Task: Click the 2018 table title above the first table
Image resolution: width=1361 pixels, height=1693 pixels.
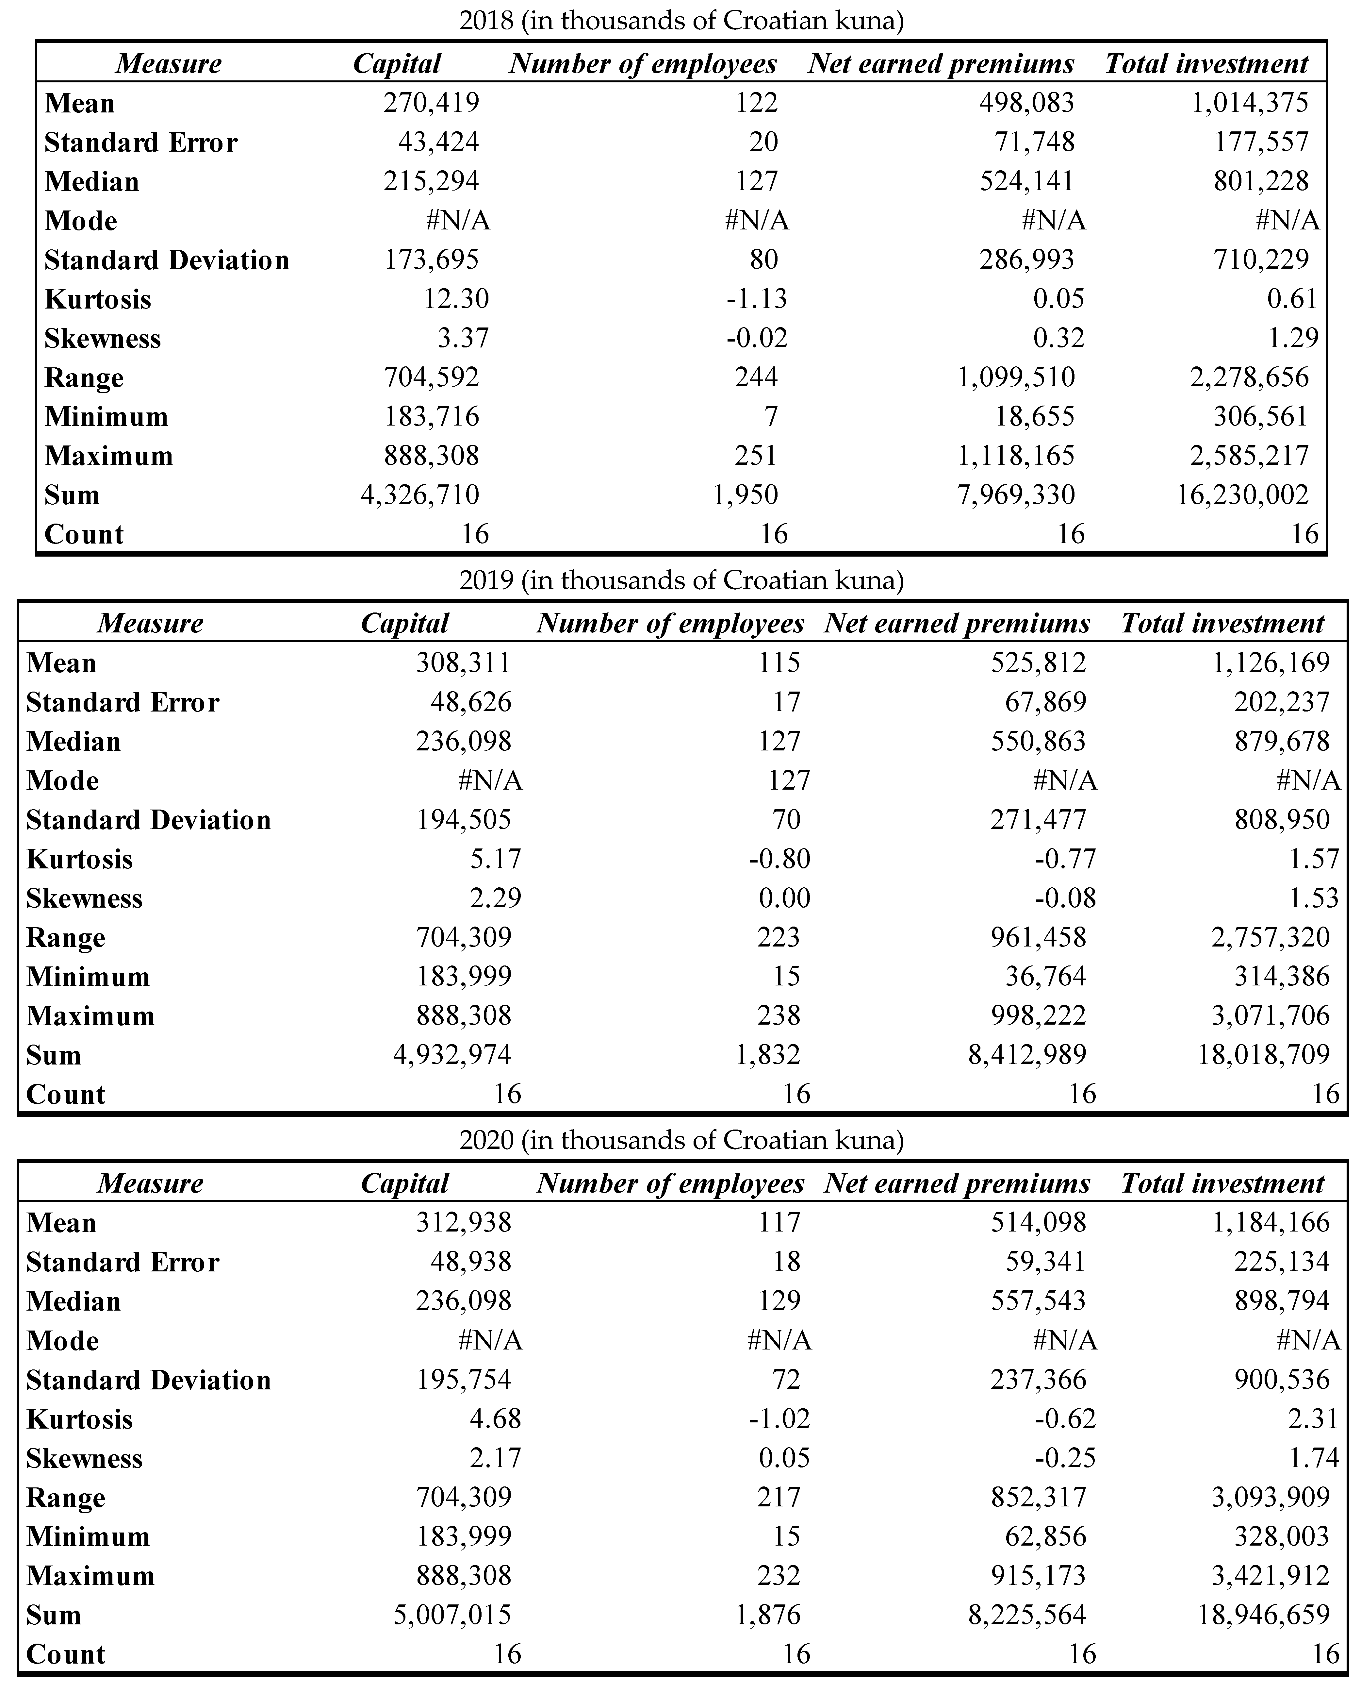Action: [681, 20]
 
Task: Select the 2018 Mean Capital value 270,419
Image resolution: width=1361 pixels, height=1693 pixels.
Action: [431, 103]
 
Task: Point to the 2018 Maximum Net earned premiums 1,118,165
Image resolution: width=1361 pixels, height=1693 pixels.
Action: [1016, 456]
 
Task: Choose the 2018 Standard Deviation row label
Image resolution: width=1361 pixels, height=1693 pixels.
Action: [166, 260]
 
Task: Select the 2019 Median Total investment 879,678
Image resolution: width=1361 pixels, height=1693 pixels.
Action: [1282, 741]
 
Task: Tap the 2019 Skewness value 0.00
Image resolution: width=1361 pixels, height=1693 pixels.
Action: [784, 898]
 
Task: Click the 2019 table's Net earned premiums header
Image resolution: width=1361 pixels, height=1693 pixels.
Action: [957, 624]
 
